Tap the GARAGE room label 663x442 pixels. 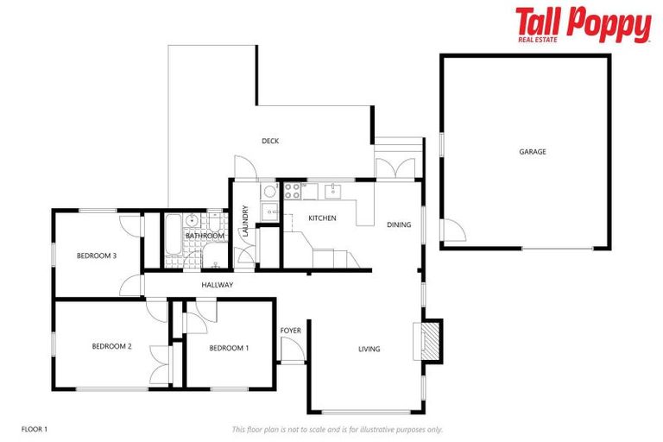(532, 152)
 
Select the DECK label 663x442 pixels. (270, 141)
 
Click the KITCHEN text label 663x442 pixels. (322, 218)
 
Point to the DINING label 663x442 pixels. (399, 225)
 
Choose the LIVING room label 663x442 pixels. (369, 349)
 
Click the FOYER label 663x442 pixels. (291, 331)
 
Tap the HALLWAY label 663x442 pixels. (218, 285)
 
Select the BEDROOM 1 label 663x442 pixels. (229, 348)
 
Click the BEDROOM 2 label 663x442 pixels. (111, 347)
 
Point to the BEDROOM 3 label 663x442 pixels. (97, 256)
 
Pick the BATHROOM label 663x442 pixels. (205, 236)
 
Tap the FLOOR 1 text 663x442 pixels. (34, 428)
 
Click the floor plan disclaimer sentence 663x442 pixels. (338, 429)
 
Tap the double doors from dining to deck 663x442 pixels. (398, 167)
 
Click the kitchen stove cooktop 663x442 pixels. (290, 191)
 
